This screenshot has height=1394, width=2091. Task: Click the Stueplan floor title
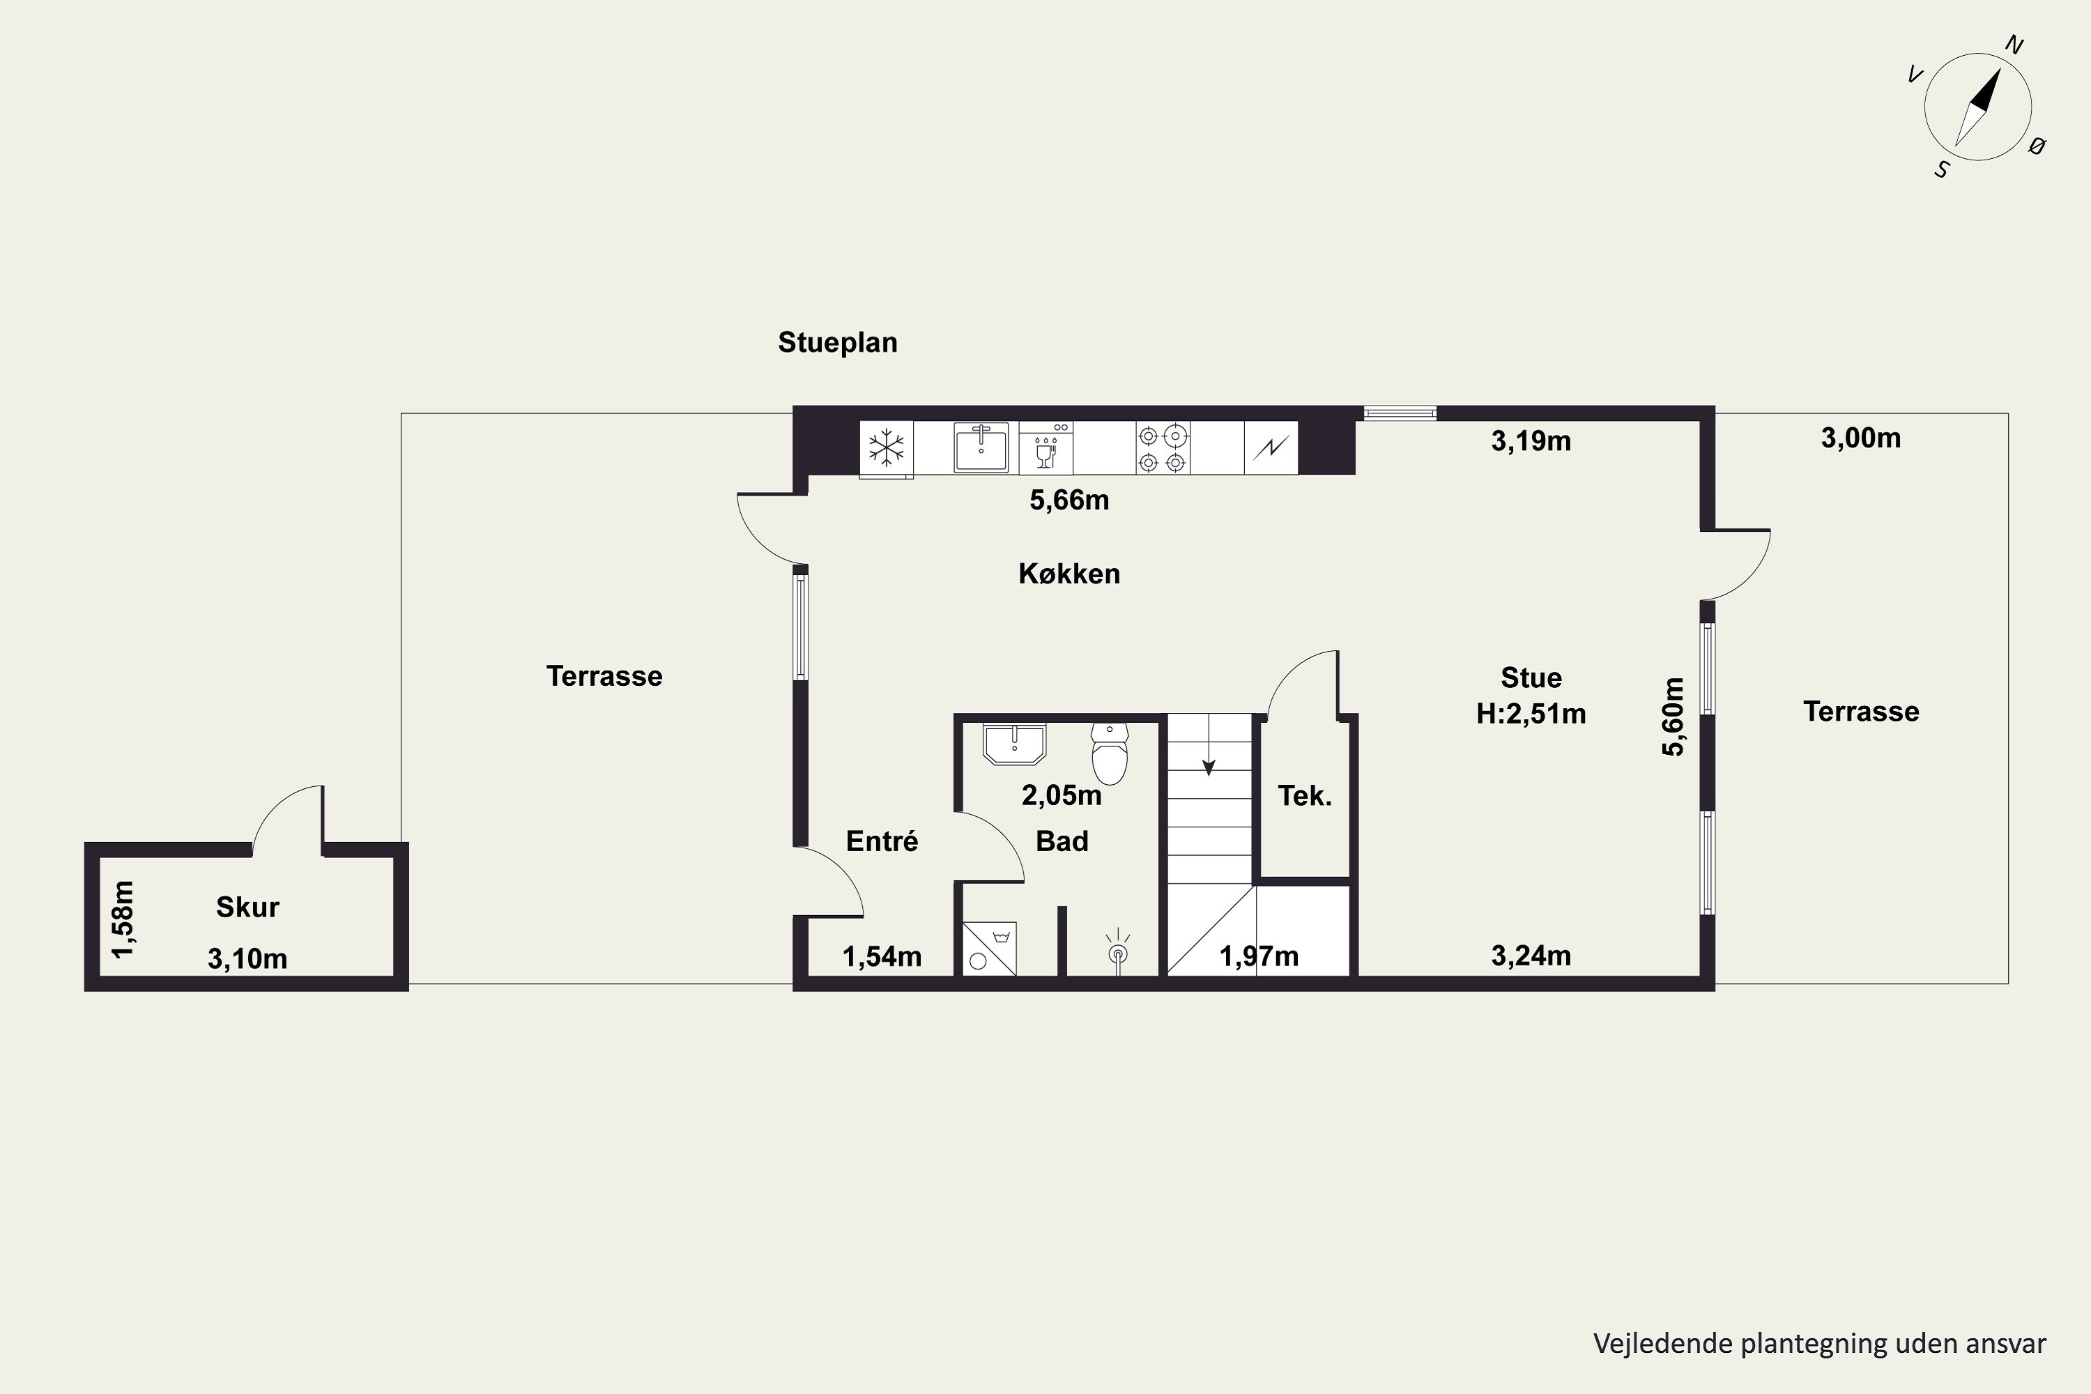point(838,343)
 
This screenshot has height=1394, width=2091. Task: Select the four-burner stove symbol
point(1163,448)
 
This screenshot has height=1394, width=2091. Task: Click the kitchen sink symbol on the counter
point(981,447)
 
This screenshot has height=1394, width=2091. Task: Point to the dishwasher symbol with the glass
point(1046,448)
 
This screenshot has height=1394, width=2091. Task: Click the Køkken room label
point(1069,574)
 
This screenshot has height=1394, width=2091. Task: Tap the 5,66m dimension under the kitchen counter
point(1069,500)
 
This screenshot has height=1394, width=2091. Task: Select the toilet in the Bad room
point(1110,753)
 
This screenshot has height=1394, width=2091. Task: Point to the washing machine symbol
point(990,948)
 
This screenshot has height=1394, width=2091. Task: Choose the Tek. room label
point(1305,796)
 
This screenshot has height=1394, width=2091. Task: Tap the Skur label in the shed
point(247,907)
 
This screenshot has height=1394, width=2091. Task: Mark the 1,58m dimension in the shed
point(123,919)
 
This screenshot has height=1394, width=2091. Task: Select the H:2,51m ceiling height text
point(1531,714)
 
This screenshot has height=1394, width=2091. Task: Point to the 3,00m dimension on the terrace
point(1861,438)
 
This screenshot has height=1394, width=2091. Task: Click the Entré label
point(882,841)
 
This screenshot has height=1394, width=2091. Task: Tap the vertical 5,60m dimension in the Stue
point(1673,717)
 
